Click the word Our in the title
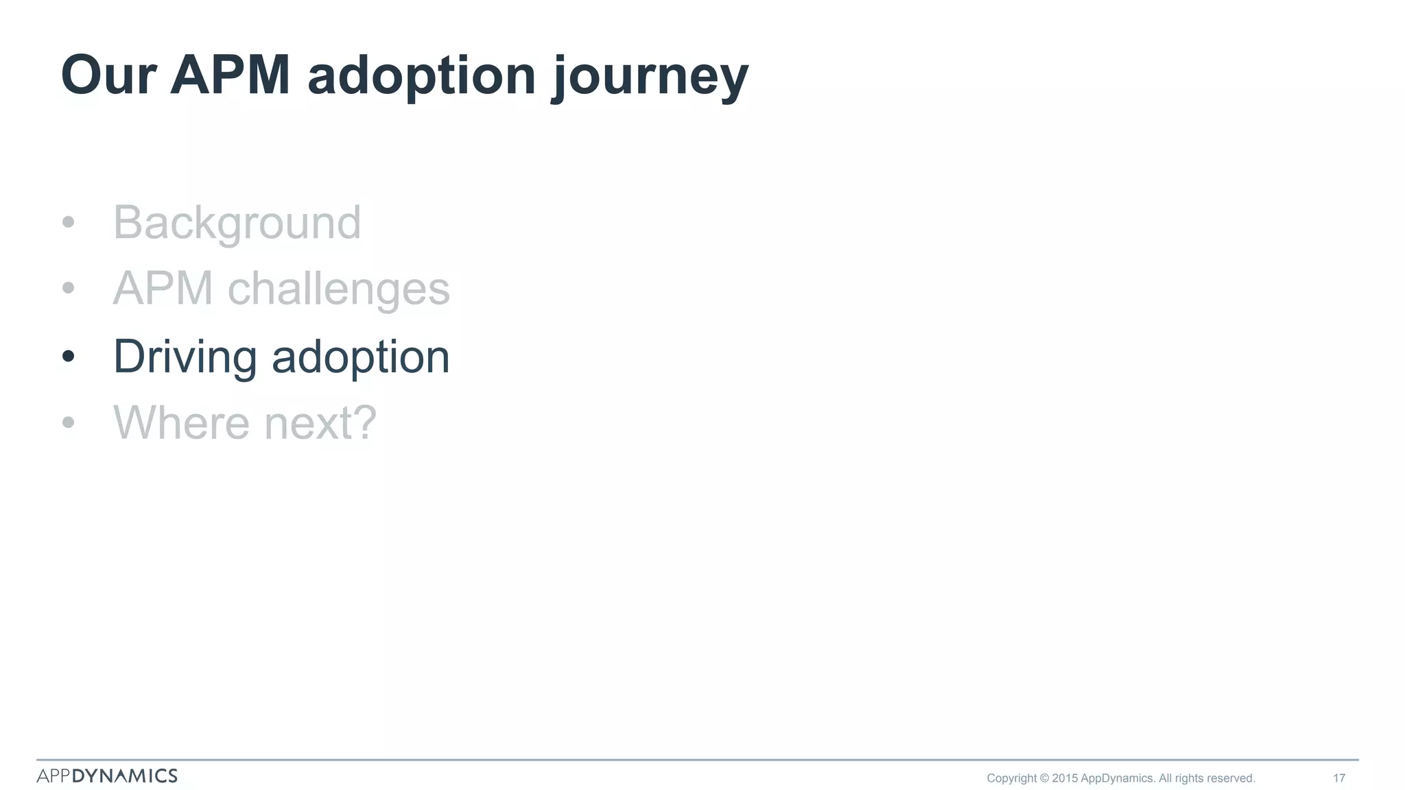point(109,75)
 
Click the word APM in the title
point(230,75)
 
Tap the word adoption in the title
point(421,77)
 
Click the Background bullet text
point(237,223)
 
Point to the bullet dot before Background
point(68,222)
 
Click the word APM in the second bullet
point(163,289)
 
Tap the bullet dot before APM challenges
point(68,288)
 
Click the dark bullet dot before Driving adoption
point(68,356)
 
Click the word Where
point(181,422)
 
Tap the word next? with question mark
point(320,423)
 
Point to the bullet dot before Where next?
point(68,422)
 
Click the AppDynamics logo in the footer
point(107,776)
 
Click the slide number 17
point(1338,778)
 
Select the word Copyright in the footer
point(1011,778)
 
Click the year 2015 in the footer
point(1065,778)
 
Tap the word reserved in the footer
point(1230,778)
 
